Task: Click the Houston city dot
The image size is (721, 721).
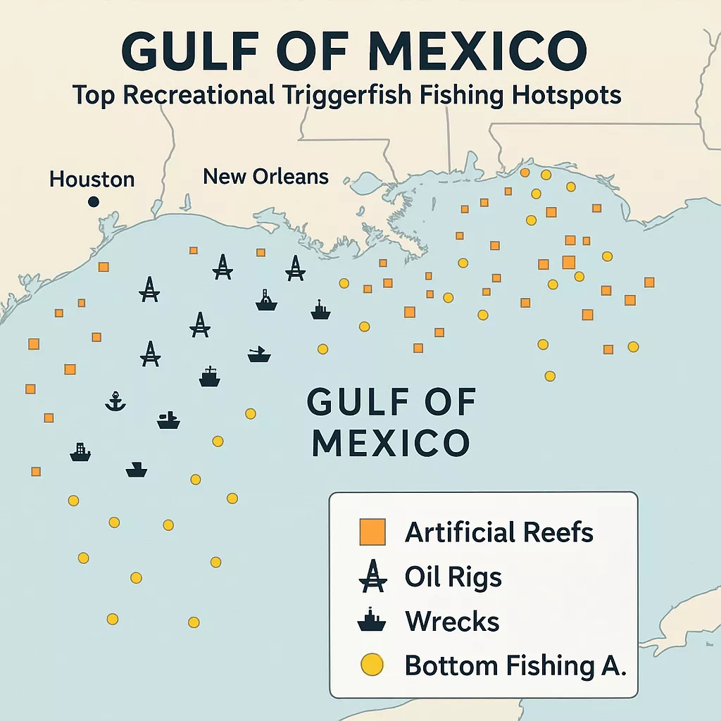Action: (x=93, y=202)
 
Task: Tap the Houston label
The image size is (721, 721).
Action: (x=92, y=179)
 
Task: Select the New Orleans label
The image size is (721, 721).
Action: (x=265, y=175)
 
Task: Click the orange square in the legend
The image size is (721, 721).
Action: (x=372, y=532)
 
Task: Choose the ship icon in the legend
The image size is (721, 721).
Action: (x=372, y=621)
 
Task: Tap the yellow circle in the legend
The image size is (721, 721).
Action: (x=372, y=665)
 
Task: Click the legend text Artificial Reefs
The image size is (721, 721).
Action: (x=499, y=532)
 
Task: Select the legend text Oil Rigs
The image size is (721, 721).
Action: (x=453, y=577)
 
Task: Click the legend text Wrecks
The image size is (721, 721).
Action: (x=452, y=622)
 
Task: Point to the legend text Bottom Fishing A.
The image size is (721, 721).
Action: (x=515, y=665)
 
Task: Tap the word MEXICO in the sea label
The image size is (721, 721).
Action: (x=391, y=443)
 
